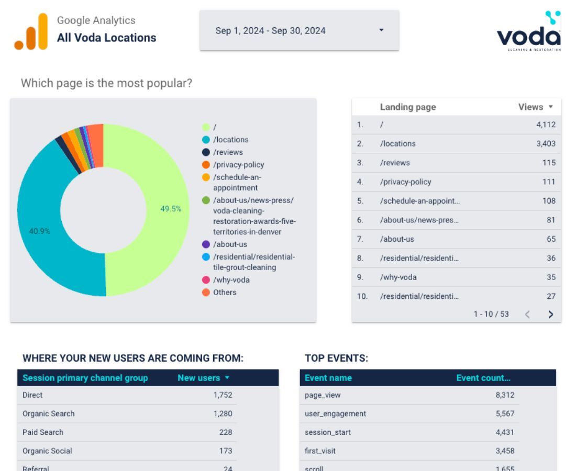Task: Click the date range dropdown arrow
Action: (x=381, y=30)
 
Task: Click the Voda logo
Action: (x=528, y=32)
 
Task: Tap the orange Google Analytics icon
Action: (x=31, y=32)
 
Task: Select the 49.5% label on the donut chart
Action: (x=171, y=209)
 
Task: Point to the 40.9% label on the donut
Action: (x=40, y=231)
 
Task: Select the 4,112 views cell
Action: (x=546, y=125)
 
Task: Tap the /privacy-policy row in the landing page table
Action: (x=406, y=182)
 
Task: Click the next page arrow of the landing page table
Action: (x=550, y=314)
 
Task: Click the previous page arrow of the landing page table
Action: (x=527, y=314)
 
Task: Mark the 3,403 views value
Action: (x=546, y=143)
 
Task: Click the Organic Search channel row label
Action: (x=49, y=413)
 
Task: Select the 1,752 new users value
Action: (x=223, y=395)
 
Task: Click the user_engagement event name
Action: (x=335, y=413)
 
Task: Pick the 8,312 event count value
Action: (x=505, y=395)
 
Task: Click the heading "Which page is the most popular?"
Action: (x=106, y=83)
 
